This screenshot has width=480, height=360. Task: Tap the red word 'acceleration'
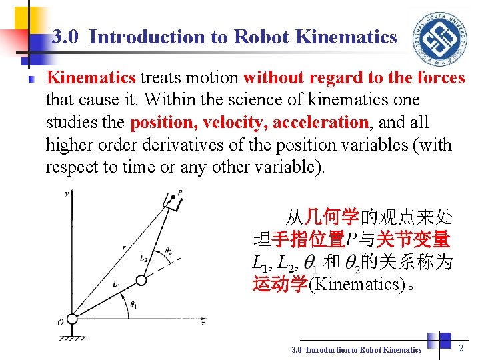pyautogui.click(x=322, y=123)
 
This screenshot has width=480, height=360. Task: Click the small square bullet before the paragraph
pyautogui.click(x=31, y=79)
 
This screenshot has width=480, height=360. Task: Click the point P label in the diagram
pyautogui.click(x=180, y=193)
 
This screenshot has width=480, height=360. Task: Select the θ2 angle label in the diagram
pyautogui.click(x=169, y=251)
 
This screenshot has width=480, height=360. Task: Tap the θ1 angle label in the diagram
pyautogui.click(x=133, y=305)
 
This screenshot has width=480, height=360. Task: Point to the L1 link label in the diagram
pyautogui.click(x=117, y=285)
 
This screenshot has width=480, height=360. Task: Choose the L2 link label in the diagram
pyautogui.click(x=144, y=257)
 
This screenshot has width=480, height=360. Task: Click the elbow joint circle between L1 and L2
pyautogui.click(x=139, y=280)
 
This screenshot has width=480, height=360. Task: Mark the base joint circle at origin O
pyautogui.click(x=71, y=318)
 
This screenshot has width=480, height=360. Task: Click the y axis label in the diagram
pyautogui.click(x=66, y=194)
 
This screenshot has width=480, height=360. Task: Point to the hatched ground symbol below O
pyautogui.click(x=71, y=337)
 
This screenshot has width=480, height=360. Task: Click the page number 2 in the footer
pyautogui.click(x=461, y=347)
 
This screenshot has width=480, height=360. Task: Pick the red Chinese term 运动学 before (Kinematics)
pyautogui.click(x=279, y=285)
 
